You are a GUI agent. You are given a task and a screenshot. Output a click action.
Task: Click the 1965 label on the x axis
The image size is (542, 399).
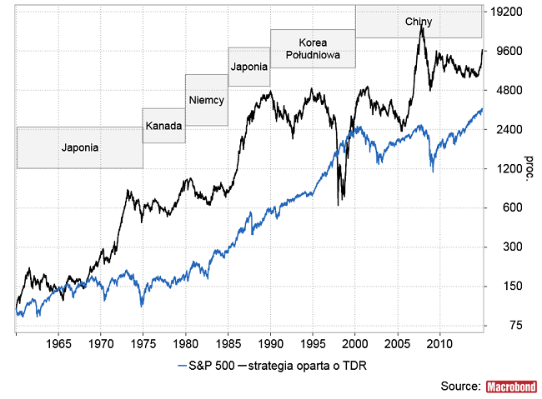tap(58, 343)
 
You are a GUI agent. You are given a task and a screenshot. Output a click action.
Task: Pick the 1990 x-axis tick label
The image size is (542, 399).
tap(270, 343)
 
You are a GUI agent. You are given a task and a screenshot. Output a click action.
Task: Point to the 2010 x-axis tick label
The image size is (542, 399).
tap(440, 343)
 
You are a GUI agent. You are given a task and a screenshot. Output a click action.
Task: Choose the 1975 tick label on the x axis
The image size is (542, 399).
tap(143, 343)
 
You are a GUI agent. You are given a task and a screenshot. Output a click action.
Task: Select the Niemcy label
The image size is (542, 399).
tap(206, 100)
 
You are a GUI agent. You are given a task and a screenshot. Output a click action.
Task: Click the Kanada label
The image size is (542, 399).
tap(163, 127)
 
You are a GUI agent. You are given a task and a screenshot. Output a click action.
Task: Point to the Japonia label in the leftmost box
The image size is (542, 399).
tap(80, 147)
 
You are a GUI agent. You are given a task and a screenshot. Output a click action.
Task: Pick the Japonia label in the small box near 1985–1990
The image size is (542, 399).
tap(249, 67)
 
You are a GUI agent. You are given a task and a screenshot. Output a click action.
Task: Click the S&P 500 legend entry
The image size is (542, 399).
tap(207, 367)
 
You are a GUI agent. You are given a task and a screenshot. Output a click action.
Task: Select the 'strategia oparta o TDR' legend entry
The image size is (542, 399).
tap(307, 367)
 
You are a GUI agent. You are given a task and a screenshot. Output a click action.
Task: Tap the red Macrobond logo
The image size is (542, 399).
tap(510, 387)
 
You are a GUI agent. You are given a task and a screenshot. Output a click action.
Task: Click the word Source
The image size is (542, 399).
tap(461, 387)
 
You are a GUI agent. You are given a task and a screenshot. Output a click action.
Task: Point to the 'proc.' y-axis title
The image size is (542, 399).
tap(527, 167)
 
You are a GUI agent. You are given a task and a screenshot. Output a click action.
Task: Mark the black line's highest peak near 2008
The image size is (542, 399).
tap(423, 27)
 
